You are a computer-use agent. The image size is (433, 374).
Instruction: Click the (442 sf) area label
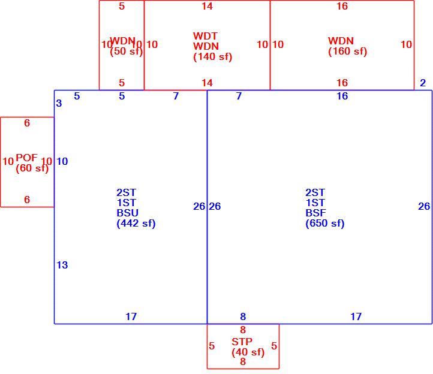tap(136, 223)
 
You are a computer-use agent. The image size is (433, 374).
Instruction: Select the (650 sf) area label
tap(325, 223)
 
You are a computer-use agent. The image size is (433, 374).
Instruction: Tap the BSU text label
tap(127, 213)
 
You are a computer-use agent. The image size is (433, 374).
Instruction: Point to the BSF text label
tap(315, 213)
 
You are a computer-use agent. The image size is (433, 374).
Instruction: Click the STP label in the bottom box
tap(242, 342)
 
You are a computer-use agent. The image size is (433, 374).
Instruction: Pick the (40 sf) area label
tap(248, 352)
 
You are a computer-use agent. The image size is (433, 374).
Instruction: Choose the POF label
tap(26, 158)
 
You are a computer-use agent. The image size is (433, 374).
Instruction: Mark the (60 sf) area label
tap(32, 168)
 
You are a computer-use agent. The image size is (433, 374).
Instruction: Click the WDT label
tap(205, 36)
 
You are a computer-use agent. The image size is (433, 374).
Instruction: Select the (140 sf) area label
tap(213, 56)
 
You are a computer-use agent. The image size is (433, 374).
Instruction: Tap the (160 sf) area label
tap(347, 51)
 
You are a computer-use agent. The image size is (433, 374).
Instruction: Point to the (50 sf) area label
tap(126, 51)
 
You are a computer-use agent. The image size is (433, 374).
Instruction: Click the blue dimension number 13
tap(62, 265)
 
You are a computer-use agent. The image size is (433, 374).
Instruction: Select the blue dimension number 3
tap(59, 103)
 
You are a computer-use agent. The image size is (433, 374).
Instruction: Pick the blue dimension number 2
tap(423, 83)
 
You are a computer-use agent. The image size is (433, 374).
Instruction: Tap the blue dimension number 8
tap(243, 316)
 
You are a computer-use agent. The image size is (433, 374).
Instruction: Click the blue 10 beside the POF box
tap(62, 161)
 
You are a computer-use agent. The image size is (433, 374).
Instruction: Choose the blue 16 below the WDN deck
tap(342, 96)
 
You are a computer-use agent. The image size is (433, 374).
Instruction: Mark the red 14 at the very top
tap(207, 6)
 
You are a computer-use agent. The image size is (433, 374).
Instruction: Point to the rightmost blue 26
tap(424, 206)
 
